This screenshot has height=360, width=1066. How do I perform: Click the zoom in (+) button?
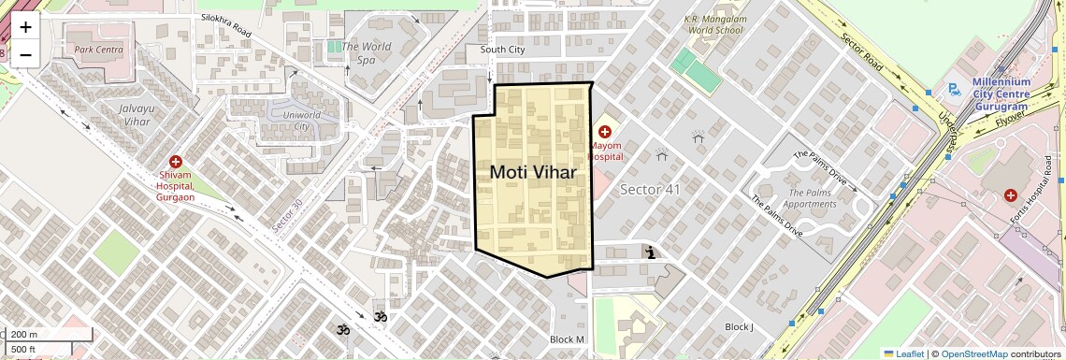[25, 27]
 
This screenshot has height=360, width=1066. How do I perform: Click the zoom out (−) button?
[25, 54]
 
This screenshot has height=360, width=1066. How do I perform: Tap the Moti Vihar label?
[532, 172]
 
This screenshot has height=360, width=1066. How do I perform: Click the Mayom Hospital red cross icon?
[605, 132]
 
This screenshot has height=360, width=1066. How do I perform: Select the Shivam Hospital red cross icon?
[176, 163]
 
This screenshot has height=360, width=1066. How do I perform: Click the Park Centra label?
[99, 49]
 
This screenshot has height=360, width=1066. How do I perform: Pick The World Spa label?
[366, 52]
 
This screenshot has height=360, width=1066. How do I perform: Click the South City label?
[503, 50]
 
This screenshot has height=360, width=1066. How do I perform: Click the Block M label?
[567, 338]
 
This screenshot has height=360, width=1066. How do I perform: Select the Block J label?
[739, 326]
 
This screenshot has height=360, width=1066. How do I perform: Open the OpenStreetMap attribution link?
[973, 353]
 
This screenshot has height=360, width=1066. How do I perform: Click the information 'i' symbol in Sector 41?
[649, 252]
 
